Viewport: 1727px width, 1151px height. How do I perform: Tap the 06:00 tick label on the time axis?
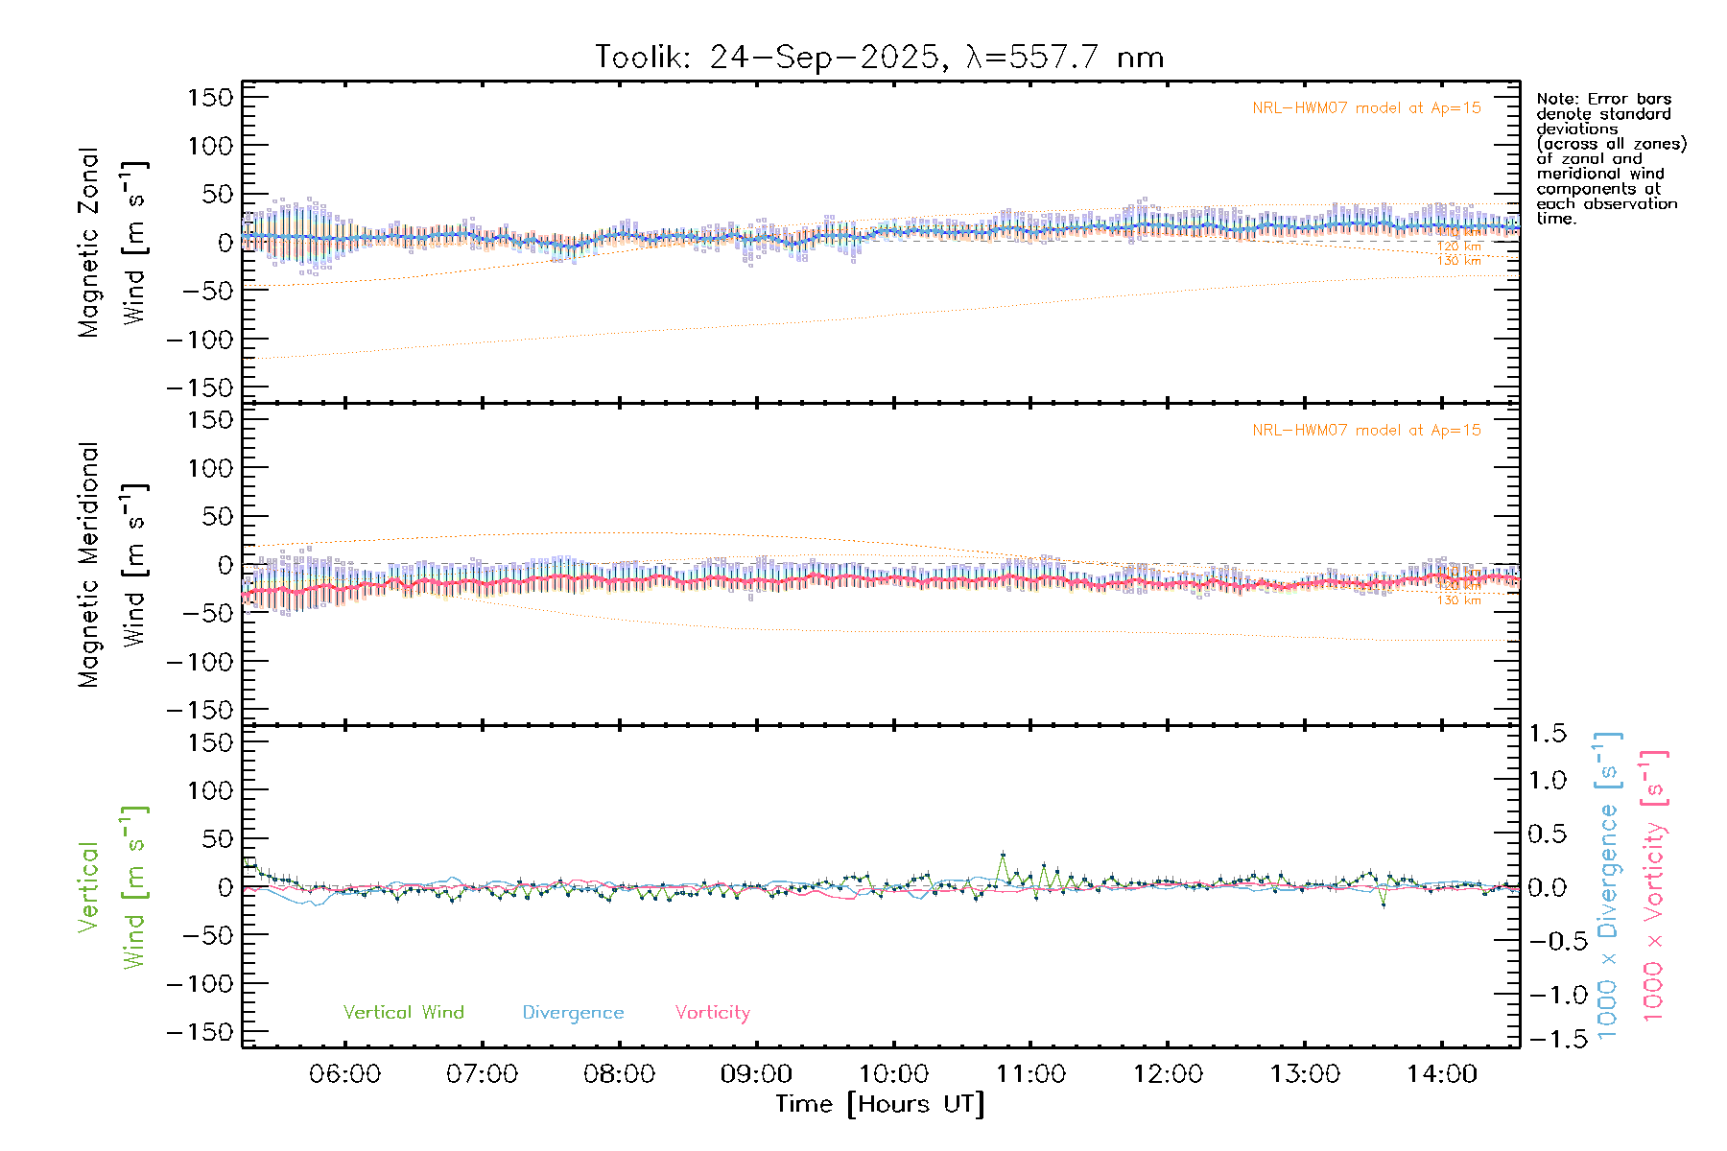344,1074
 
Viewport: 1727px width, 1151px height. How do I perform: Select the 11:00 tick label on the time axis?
1030,1074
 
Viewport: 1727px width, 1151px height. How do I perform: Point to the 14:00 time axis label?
1442,1074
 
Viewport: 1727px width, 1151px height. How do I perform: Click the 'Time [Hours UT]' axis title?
880,1104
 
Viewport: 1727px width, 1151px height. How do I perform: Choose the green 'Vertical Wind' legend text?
403,1012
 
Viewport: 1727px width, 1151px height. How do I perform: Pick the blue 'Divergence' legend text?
573,1013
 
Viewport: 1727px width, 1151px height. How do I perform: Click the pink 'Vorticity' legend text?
712,1013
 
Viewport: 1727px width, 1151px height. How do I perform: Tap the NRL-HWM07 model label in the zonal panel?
1366,108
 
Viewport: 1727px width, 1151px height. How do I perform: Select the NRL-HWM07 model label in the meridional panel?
1366,431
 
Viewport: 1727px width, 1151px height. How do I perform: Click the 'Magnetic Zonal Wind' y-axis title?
112,242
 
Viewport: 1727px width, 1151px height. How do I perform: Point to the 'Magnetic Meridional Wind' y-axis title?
112,564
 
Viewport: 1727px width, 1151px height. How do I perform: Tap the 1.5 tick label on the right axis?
1547,734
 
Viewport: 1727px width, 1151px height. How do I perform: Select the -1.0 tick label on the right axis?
1547,995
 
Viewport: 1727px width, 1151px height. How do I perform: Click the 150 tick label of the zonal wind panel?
210,98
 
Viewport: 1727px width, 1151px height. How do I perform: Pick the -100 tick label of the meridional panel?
201,662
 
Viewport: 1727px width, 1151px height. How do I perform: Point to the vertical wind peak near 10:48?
1003,854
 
